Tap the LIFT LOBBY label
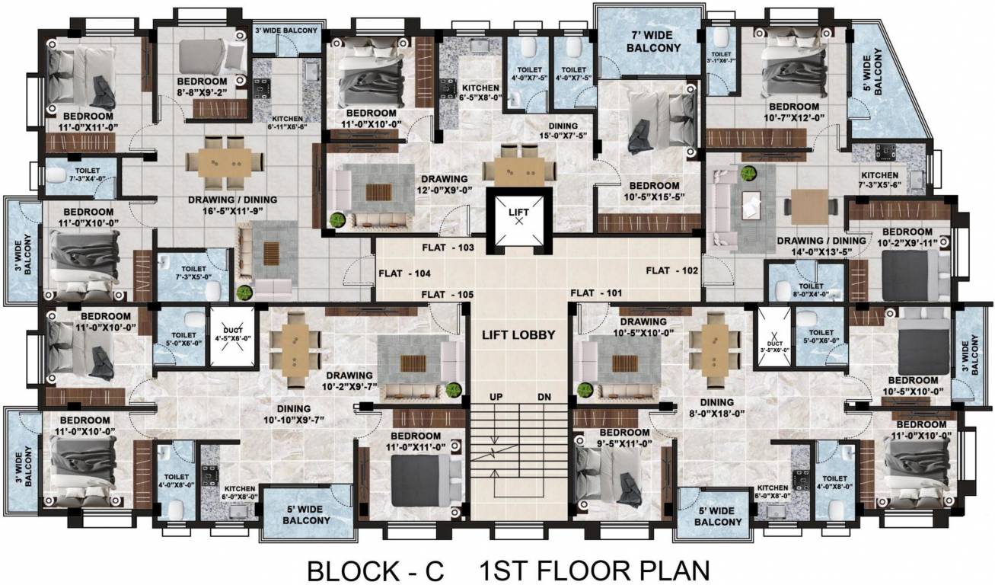tap(518, 334)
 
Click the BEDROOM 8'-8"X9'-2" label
tap(202, 88)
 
